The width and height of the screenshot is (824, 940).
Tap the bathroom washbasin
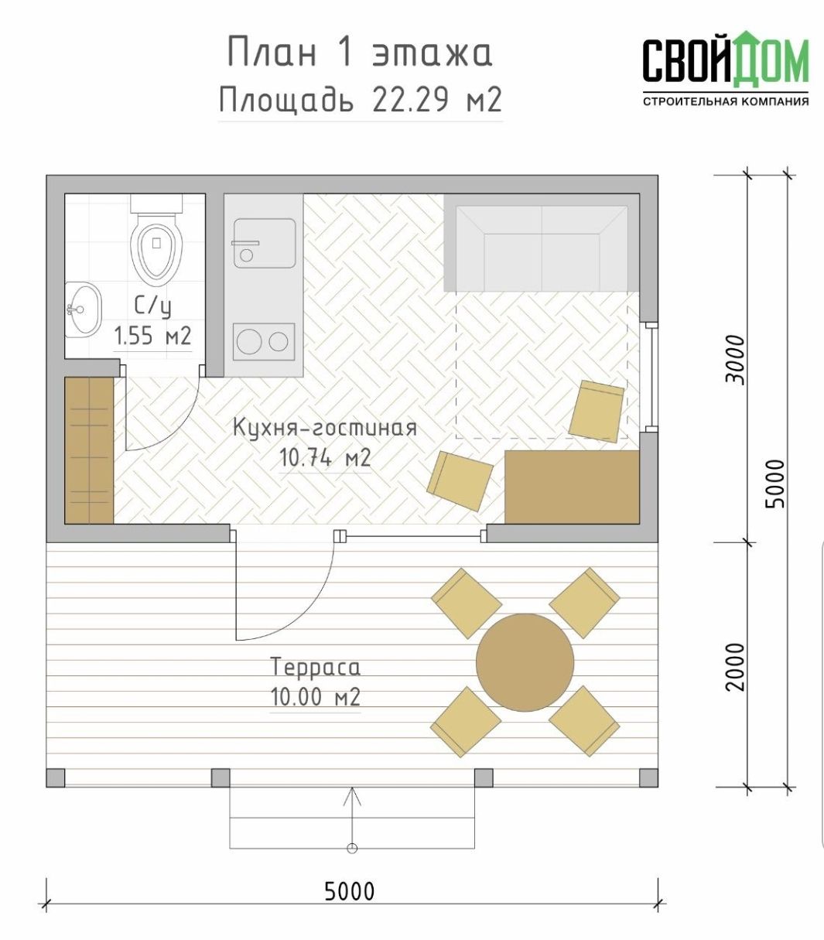click(83, 309)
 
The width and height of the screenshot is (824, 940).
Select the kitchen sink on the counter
click(265, 243)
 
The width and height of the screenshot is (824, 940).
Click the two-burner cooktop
click(264, 342)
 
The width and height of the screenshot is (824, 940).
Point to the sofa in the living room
click(542, 243)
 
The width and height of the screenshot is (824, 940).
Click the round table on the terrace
click(525, 662)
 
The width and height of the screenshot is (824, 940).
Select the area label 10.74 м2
click(325, 459)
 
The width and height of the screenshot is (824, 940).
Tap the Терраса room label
click(315, 667)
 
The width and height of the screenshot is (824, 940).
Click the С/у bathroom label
click(152, 306)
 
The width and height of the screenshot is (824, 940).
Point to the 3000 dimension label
click(735, 360)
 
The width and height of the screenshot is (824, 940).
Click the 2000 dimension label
click(735, 667)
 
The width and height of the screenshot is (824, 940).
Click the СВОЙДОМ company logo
click(726, 68)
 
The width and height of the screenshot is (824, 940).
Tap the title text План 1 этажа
click(360, 53)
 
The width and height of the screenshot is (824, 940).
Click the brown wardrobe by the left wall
click(89, 450)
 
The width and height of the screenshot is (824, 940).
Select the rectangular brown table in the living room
click(572, 487)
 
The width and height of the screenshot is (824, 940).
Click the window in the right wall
click(652, 377)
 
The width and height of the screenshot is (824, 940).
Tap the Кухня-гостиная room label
click(325, 427)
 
